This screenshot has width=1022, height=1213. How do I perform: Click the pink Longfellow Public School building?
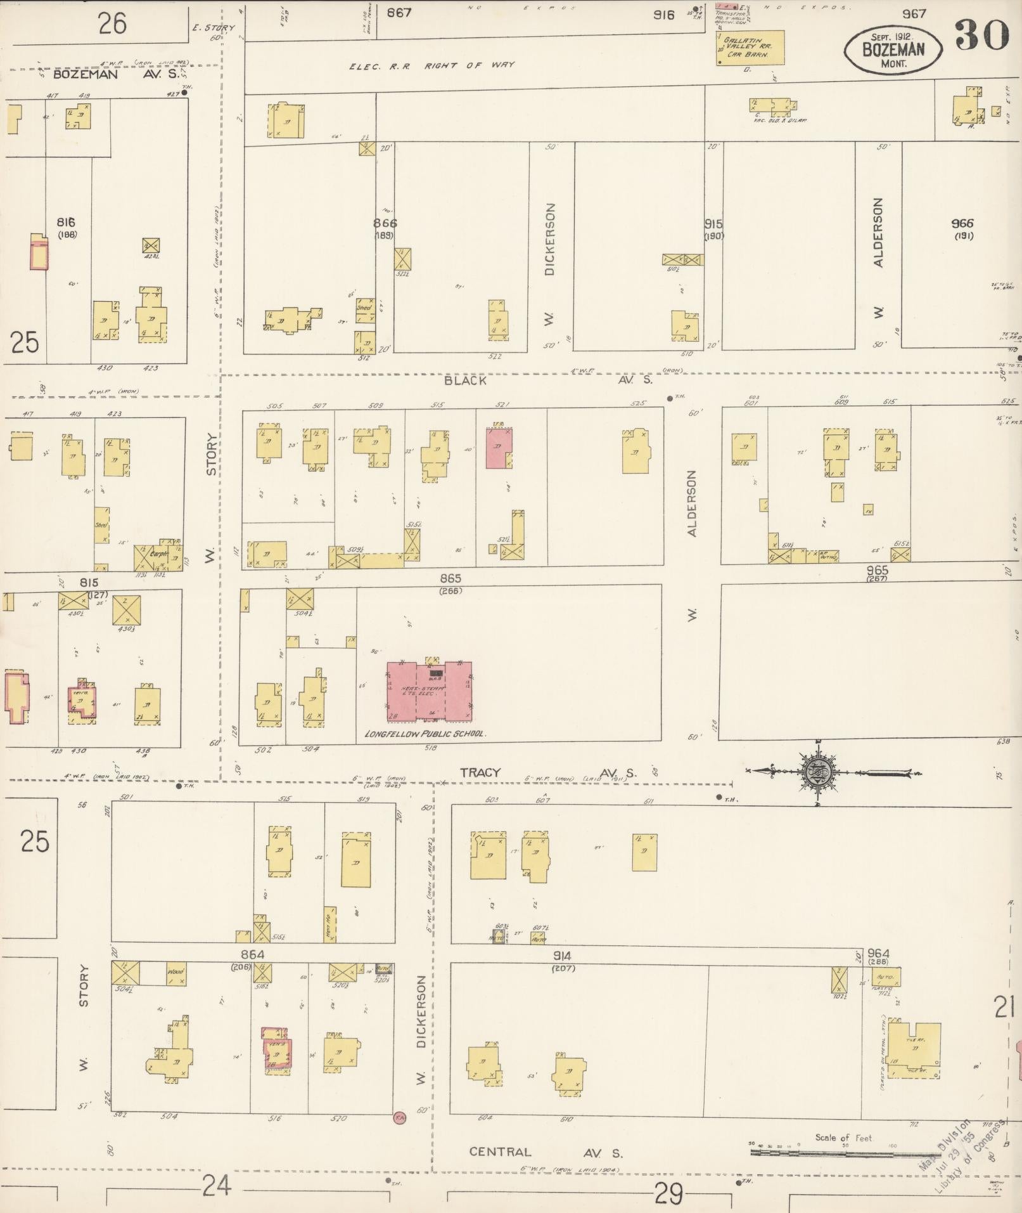click(430, 692)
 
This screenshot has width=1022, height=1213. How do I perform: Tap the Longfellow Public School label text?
click(425, 734)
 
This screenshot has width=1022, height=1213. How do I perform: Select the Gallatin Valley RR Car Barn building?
click(750, 48)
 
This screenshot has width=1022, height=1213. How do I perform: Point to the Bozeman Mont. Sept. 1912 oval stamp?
click(893, 48)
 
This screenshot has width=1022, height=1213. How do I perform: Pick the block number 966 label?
click(962, 223)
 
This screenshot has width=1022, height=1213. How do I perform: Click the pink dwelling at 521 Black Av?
click(499, 448)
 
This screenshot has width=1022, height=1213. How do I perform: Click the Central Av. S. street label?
click(546, 1152)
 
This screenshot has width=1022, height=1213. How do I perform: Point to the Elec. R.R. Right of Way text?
click(432, 65)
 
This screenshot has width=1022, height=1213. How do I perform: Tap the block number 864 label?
click(252, 954)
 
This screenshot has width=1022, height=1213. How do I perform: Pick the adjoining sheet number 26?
click(112, 23)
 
